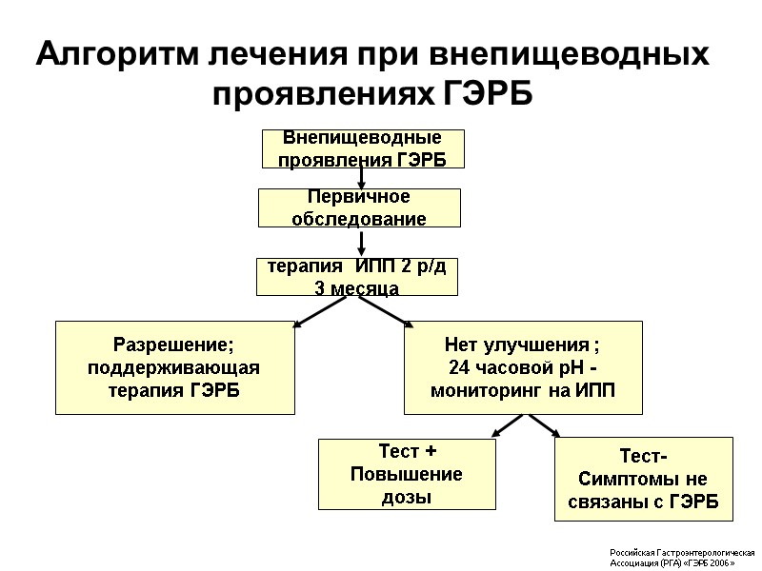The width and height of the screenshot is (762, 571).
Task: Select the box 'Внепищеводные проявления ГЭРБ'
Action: [363, 148]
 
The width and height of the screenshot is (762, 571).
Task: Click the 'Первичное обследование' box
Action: [360, 207]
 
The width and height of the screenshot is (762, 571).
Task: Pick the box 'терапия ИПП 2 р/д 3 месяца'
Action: [357, 276]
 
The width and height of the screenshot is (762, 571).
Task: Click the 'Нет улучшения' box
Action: [523, 367]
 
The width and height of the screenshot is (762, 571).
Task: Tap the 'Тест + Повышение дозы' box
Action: [394, 473]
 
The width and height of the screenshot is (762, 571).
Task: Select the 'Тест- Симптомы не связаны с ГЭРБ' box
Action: [644, 479]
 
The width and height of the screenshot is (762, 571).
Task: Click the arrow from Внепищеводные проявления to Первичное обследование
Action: [362, 178]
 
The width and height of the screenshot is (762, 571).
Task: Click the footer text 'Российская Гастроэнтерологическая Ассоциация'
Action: [681, 557]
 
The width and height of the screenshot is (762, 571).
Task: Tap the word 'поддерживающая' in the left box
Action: [173, 367]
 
